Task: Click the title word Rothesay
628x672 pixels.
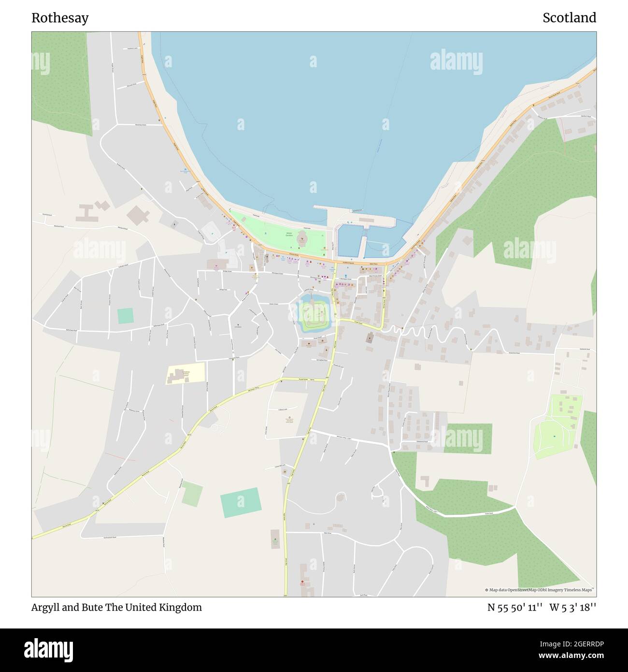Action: (x=60, y=18)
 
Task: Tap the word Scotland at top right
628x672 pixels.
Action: (x=569, y=18)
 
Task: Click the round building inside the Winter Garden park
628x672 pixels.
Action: (x=302, y=237)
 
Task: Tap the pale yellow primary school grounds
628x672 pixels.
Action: (x=186, y=373)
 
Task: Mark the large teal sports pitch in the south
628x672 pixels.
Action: (x=241, y=502)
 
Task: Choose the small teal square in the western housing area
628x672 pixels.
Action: (x=125, y=316)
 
